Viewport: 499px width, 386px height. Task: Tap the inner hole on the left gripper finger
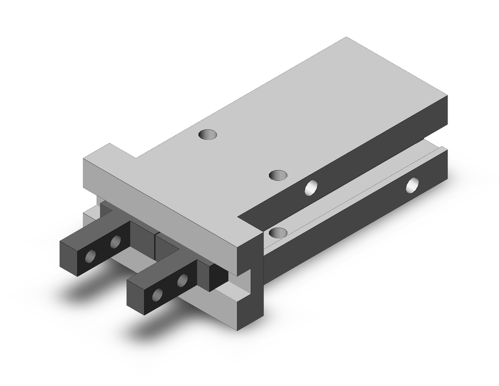pos(115,243)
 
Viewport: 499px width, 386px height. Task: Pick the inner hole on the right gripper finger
pos(183,280)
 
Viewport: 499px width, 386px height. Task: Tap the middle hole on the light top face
pos(278,175)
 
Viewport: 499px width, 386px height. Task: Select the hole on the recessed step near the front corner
pos(277,232)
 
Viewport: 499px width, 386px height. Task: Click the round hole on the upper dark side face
pos(312,187)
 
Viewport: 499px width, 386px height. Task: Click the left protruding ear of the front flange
pos(100,160)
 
